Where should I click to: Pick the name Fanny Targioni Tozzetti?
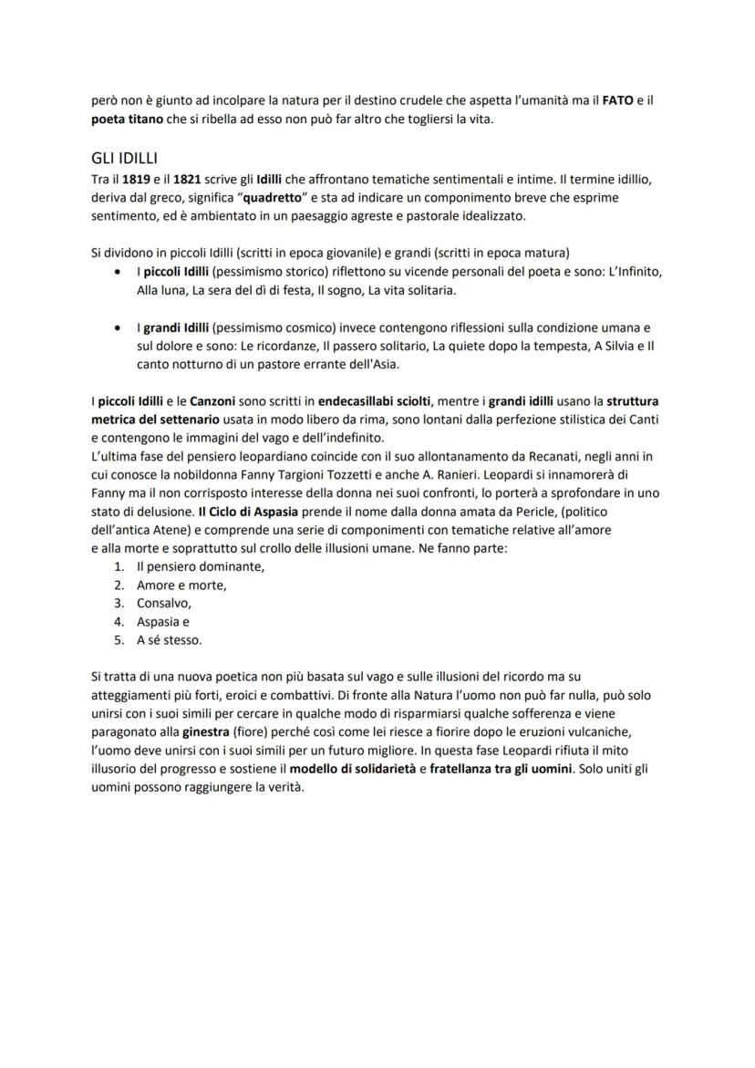pos(300,473)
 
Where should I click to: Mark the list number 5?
pos(118,639)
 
